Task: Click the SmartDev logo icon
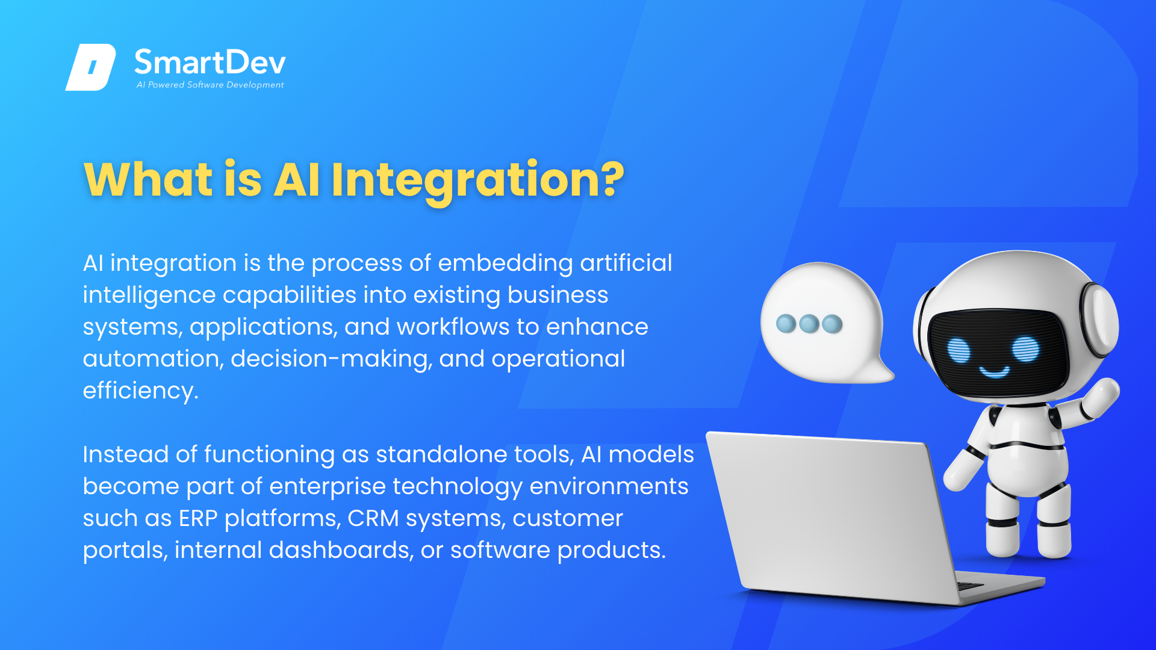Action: (91, 67)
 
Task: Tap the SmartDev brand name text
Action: (210, 63)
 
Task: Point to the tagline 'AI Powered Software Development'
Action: (210, 85)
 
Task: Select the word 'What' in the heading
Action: (149, 179)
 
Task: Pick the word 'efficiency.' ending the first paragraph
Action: (140, 391)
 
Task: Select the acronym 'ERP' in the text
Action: (198, 518)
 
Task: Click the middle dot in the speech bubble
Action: (809, 324)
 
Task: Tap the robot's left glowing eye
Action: (959, 350)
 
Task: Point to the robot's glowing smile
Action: (994, 371)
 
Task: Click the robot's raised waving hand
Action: (1102, 397)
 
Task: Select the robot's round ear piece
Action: (1099, 320)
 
